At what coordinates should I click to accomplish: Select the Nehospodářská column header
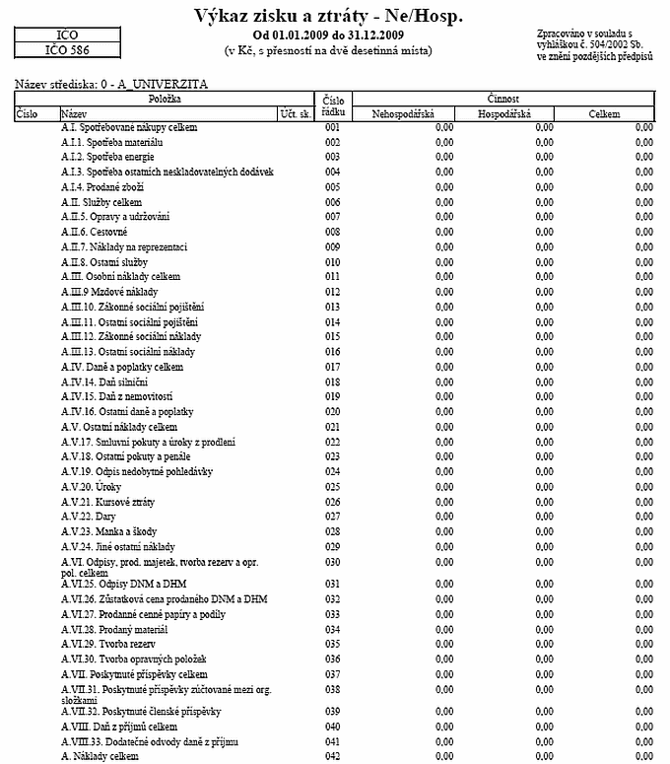click(406, 114)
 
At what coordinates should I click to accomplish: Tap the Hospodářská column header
click(503, 114)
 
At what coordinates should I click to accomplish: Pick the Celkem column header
click(604, 114)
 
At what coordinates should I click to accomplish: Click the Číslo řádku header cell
click(332, 106)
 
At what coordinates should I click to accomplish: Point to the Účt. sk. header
click(296, 114)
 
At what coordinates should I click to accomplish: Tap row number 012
click(332, 293)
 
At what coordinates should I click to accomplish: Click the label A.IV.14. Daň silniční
click(104, 382)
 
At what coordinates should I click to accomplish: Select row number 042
click(332, 756)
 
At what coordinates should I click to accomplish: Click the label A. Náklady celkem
click(100, 756)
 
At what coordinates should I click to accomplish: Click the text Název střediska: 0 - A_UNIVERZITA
click(112, 86)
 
